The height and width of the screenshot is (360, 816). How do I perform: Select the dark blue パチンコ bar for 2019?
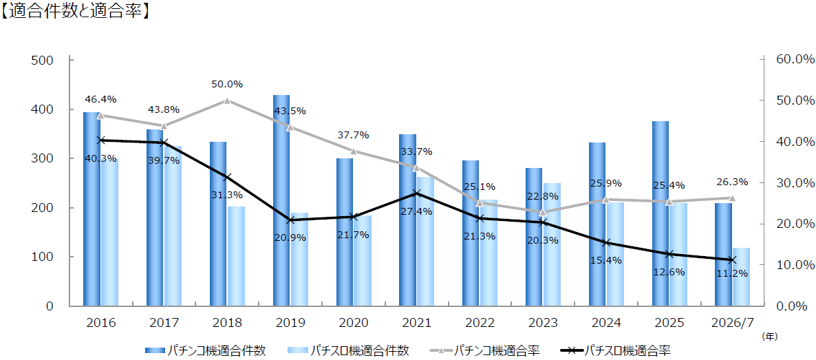pyautogui.click(x=281, y=200)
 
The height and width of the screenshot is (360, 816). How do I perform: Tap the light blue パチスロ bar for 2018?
pyautogui.click(x=236, y=256)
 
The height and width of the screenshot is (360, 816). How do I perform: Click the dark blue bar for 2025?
pyautogui.click(x=661, y=213)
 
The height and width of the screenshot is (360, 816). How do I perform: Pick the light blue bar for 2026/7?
pyautogui.click(x=741, y=277)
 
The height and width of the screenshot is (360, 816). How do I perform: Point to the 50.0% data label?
pyautogui.click(x=228, y=85)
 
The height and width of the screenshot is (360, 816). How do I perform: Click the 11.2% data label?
pyautogui.click(x=732, y=273)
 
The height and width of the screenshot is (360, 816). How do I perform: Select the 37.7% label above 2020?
pyautogui.click(x=353, y=135)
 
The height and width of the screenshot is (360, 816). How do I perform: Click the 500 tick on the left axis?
pyautogui.click(x=43, y=60)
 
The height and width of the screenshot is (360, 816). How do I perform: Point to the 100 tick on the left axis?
pyautogui.click(x=43, y=257)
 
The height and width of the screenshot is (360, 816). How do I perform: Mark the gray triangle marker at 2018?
pyautogui.click(x=228, y=100)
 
